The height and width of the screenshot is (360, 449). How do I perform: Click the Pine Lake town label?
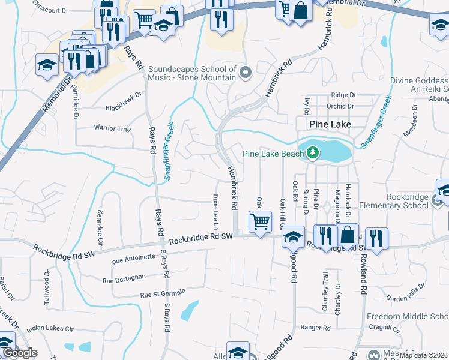tap(330, 124)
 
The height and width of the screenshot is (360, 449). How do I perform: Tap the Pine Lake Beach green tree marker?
tap(312, 154)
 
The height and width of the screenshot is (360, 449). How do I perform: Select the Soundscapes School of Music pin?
tap(244, 73)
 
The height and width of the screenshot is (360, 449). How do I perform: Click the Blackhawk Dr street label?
tap(123, 94)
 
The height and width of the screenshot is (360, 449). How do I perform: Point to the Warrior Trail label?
tap(112, 128)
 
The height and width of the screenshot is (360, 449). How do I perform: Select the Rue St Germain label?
tap(163, 295)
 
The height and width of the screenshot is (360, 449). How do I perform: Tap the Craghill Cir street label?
tap(385, 328)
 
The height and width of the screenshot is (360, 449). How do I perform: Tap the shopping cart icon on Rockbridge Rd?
tap(260, 221)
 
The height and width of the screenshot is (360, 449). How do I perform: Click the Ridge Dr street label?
tap(343, 95)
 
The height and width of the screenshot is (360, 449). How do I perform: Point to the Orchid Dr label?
tap(341, 106)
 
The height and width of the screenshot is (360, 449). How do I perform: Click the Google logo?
tap(19, 353)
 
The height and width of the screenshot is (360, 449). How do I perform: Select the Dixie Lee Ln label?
tap(215, 211)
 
